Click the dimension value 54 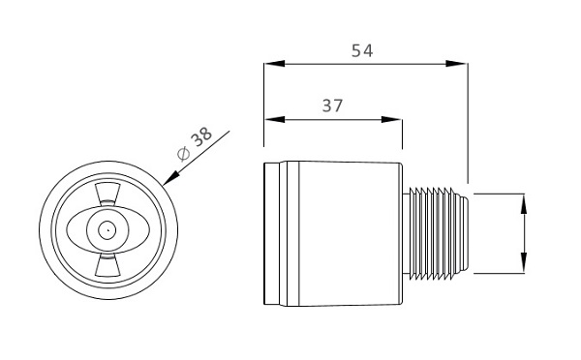tap(362, 50)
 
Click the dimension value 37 tap(332, 105)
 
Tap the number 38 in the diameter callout tap(201, 136)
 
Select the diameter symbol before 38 tap(183, 154)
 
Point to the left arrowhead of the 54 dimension tap(275, 63)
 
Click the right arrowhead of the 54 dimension tap(456, 63)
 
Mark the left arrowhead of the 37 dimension tap(275, 119)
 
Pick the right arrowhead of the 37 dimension tap(391, 119)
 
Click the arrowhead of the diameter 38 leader tap(170, 178)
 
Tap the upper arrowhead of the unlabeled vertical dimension tap(524, 204)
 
